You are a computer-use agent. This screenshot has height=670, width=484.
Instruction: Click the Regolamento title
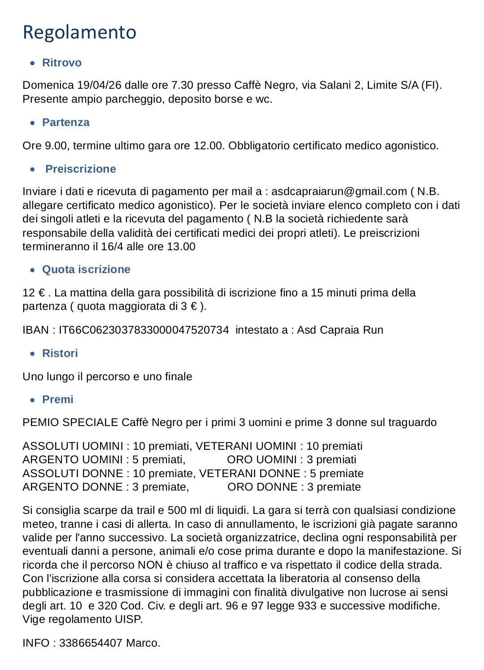[79, 32]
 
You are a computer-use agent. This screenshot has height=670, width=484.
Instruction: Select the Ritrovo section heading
[62, 63]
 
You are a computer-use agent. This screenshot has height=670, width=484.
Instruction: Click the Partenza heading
[66, 122]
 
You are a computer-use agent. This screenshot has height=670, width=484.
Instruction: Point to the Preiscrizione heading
[81, 169]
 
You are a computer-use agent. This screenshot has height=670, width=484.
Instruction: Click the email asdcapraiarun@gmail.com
[339, 191]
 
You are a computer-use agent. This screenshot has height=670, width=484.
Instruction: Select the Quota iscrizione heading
[86, 270]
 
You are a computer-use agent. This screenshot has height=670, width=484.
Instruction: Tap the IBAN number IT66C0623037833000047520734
[144, 330]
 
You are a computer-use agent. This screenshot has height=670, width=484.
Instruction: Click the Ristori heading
[60, 353]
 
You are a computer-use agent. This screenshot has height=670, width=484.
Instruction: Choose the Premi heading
[58, 400]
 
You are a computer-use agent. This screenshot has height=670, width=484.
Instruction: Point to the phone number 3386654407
[91, 643]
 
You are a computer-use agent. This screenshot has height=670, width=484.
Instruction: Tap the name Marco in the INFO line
[142, 643]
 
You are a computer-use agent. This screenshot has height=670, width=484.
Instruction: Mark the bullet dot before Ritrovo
[32, 63]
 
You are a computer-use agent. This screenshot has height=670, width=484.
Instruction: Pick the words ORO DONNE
[262, 487]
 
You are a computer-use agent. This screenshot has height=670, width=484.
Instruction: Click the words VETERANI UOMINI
[246, 446]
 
